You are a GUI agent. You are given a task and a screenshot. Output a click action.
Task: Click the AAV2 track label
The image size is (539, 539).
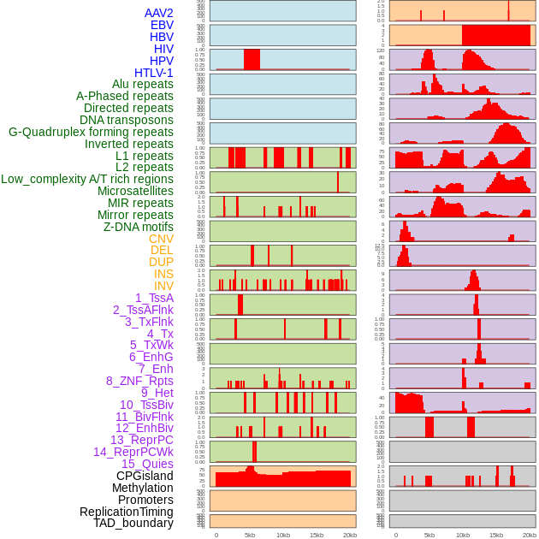(159, 13)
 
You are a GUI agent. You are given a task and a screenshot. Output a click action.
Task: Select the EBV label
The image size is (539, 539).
(162, 25)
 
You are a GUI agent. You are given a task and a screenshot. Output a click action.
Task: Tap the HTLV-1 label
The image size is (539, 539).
(154, 73)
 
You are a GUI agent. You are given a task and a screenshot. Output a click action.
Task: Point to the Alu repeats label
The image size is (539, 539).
(143, 84)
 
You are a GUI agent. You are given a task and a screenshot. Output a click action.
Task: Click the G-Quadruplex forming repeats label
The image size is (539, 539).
(91, 132)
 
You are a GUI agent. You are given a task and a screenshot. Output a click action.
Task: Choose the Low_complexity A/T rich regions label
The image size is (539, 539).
(87, 179)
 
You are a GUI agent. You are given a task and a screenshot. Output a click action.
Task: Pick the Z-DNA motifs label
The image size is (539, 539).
(139, 227)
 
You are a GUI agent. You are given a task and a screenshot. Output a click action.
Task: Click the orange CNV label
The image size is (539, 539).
(161, 239)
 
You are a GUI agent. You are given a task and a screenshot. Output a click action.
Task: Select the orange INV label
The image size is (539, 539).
(163, 286)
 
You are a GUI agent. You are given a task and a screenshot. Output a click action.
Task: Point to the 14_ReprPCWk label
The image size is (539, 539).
(133, 452)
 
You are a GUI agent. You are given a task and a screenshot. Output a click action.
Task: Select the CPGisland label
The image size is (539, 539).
(145, 476)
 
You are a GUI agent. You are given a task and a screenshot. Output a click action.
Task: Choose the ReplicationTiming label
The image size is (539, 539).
(126, 512)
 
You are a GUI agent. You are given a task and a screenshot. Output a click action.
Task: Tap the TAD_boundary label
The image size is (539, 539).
(133, 523)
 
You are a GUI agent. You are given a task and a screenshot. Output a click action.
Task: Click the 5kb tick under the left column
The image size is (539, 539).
(250, 535)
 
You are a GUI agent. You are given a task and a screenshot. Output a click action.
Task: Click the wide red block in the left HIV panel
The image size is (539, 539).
(252, 59)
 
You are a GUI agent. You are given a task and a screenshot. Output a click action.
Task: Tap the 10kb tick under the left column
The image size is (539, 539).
(283, 535)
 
